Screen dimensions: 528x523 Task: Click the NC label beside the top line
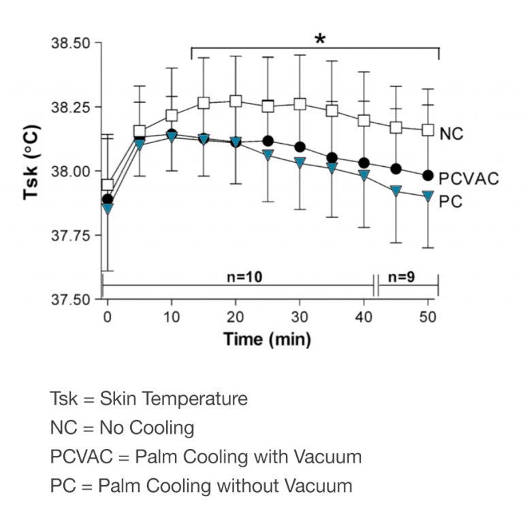point(451,133)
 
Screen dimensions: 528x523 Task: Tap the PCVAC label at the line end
point(469,179)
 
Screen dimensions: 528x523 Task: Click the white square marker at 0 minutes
point(107,185)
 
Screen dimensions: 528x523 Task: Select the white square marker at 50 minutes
point(428,129)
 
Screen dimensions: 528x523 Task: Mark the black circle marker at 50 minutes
point(428,175)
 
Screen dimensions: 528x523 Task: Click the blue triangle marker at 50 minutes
point(428,196)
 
